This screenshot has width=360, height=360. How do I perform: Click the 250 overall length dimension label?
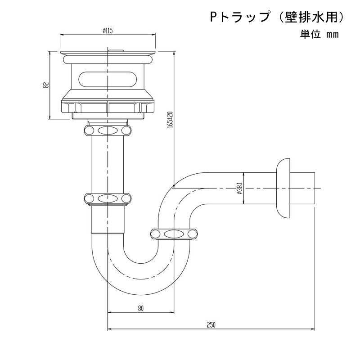pos(211,325)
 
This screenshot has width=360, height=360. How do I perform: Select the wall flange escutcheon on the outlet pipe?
pos(283,188)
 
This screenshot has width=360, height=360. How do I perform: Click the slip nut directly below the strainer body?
pos(108,130)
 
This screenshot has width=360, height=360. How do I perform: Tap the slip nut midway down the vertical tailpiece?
pos(108,198)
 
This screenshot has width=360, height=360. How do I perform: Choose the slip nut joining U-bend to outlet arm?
pos(174,234)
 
